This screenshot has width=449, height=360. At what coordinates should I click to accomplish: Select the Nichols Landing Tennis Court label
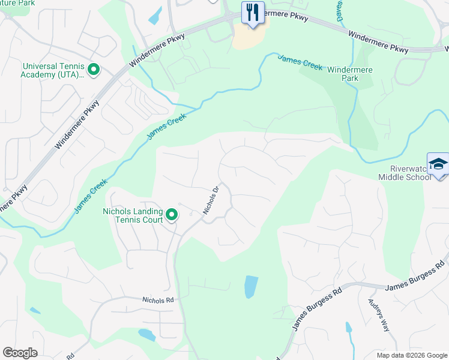point(133,215)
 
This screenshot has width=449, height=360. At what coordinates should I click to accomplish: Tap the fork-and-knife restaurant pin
point(252,12)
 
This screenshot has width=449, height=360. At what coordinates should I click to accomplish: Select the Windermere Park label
point(350,74)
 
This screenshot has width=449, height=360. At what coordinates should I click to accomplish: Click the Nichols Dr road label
point(209,200)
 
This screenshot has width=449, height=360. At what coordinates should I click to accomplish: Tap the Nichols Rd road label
point(158,299)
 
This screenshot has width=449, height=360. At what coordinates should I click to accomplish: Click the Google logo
point(20,353)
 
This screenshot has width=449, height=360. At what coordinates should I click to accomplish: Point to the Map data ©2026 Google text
point(411,355)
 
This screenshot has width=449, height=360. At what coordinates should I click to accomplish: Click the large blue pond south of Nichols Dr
point(251,287)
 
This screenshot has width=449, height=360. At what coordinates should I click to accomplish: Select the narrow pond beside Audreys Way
point(348,328)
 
